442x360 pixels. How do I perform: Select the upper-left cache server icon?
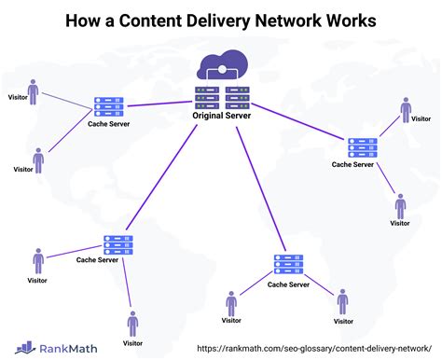click(108, 109)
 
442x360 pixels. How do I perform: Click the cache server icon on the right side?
click(362, 146)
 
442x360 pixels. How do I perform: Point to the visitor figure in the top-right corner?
click(407, 112)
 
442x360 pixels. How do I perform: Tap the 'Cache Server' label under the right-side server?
click(352, 164)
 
